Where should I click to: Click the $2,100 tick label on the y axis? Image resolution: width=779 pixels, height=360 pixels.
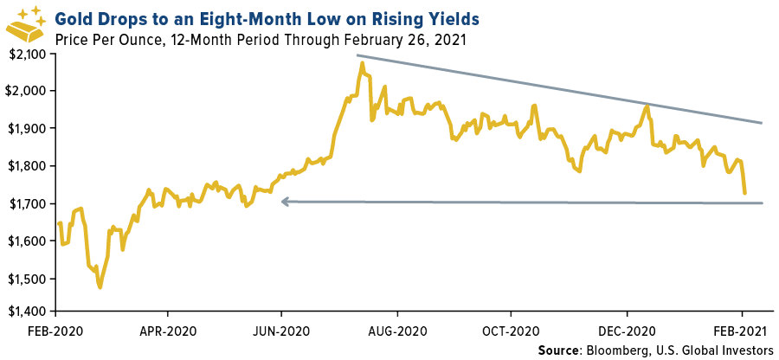pyautogui.click(x=29, y=53)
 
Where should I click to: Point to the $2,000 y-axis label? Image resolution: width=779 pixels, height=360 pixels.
pyautogui.click(x=29, y=90)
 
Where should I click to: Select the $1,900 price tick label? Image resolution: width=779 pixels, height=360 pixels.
pyautogui.click(x=29, y=128)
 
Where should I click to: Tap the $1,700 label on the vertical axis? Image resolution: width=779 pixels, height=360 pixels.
pyautogui.click(x=29, y=203)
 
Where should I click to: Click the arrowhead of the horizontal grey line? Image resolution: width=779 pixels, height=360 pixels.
pyautogui.click(x=283, y=202)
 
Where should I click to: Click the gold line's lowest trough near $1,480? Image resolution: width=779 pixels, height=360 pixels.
pyautogui.click(x=100, y=287)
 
